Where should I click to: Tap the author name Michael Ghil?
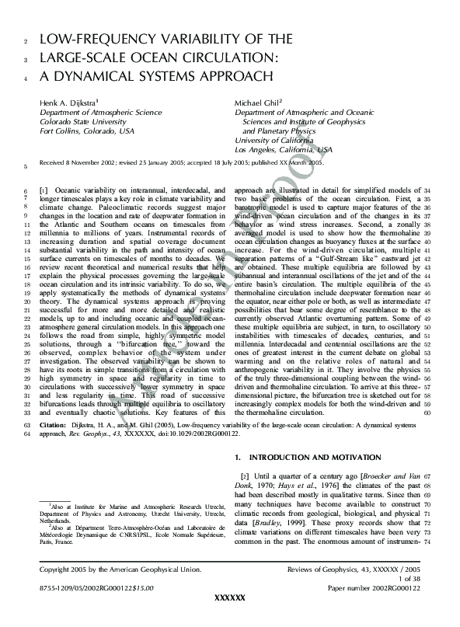click(257, 103)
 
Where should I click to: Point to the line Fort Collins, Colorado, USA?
click(86, 131)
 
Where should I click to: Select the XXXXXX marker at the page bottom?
click(229, 618)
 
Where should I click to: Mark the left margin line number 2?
click(27, 40)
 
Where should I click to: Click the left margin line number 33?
click(27, 413)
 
